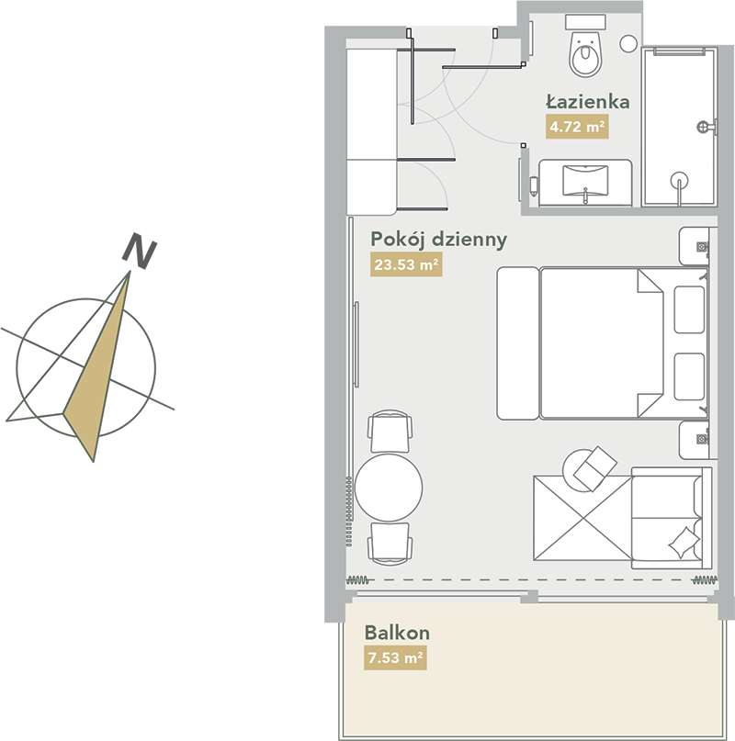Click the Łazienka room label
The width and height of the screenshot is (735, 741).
[588, 102]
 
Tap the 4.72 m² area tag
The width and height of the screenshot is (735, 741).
[577, 127]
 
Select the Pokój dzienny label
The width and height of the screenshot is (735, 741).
[438, 240]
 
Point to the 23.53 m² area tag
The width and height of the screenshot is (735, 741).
[406, 264]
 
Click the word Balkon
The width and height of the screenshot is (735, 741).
[397, 633]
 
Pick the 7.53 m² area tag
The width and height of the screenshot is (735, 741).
[395, 657]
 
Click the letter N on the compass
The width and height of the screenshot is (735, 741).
[139, 251]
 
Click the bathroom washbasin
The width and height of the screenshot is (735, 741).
[585, 181]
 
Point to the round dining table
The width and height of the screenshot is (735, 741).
[389, 488]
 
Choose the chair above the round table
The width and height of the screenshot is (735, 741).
[390, 432]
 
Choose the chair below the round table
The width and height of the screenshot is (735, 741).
[390, 544]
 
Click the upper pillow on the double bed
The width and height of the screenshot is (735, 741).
[689, 309]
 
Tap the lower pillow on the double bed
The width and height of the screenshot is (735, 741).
[689, 376]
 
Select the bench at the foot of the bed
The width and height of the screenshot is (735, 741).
[518, 343]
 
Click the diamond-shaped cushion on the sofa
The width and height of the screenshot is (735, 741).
[684, 543]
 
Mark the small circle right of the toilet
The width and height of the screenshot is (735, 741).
[628, 44]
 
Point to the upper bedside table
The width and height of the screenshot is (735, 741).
[695, 246]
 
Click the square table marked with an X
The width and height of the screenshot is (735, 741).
[582, 518]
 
